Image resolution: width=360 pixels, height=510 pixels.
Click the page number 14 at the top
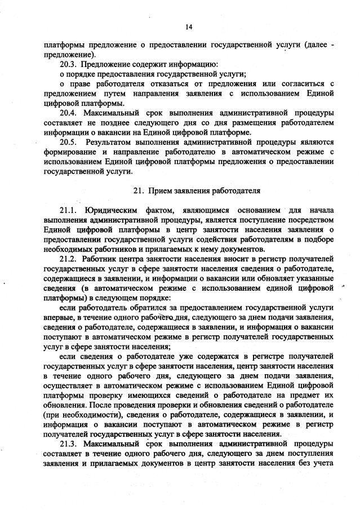click(x=188, y=27)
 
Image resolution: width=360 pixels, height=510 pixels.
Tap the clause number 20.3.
click(x=69, y=64)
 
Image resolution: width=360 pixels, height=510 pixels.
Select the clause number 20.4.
click(x=69, y=113)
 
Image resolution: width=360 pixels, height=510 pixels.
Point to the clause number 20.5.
click(x=69, y=142)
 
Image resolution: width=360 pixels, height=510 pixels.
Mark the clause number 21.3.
click(x=69, y=444)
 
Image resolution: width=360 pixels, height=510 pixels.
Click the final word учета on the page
click(x=323, y=463)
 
